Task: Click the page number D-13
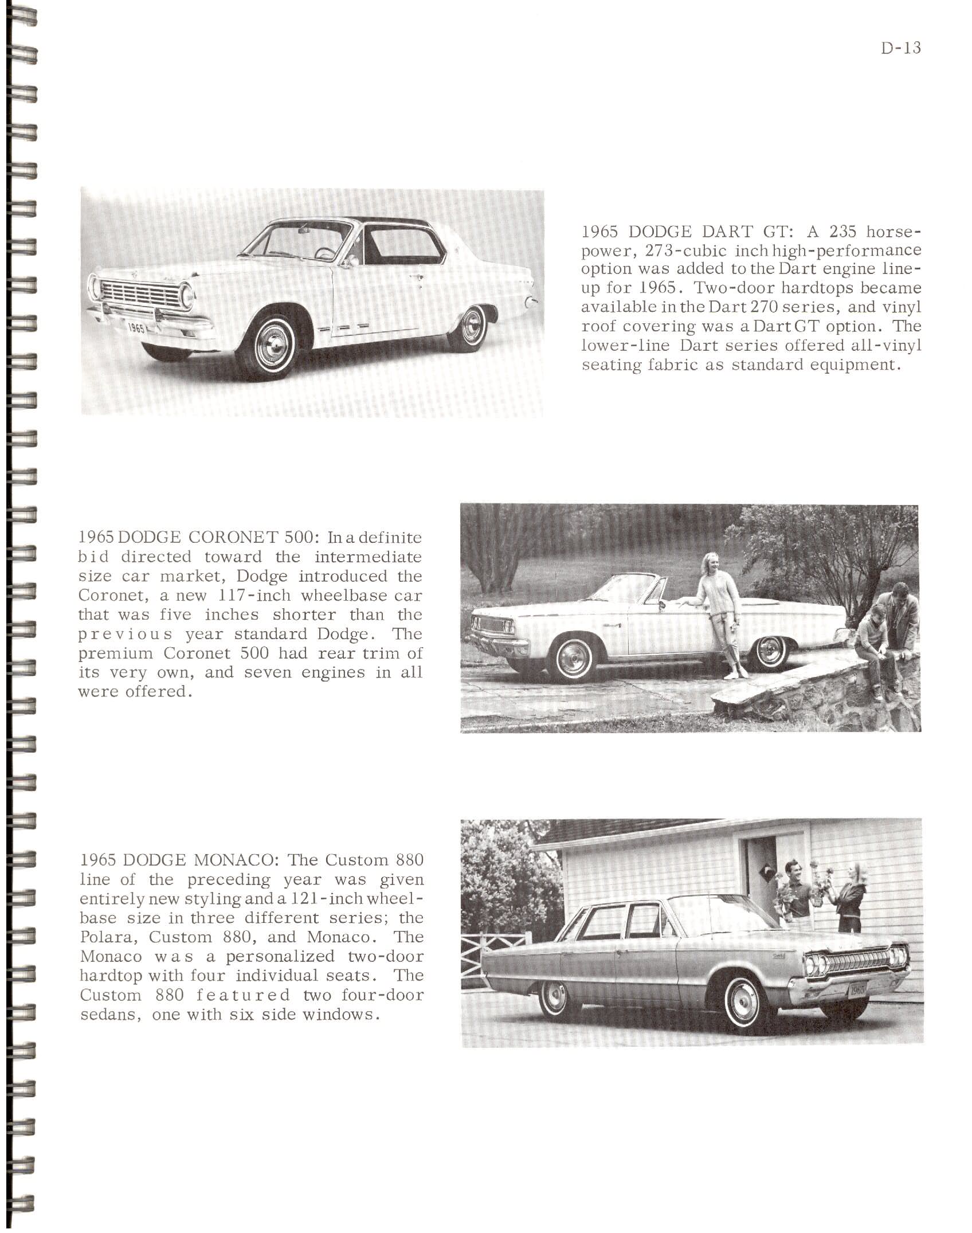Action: point(901,48)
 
